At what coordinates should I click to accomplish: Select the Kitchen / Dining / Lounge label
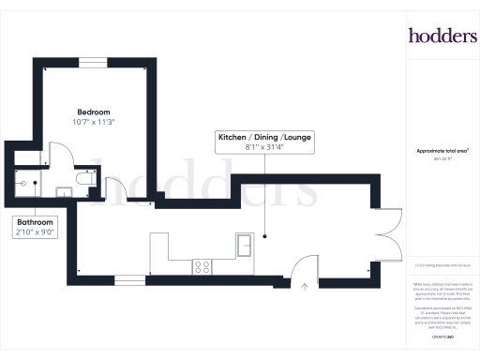(265, 137)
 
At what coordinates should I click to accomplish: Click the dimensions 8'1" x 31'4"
(265, 147)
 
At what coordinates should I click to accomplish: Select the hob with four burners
(202, 266)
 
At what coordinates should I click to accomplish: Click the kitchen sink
(247, 246)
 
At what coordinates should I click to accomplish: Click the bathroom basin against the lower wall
(64, 190)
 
